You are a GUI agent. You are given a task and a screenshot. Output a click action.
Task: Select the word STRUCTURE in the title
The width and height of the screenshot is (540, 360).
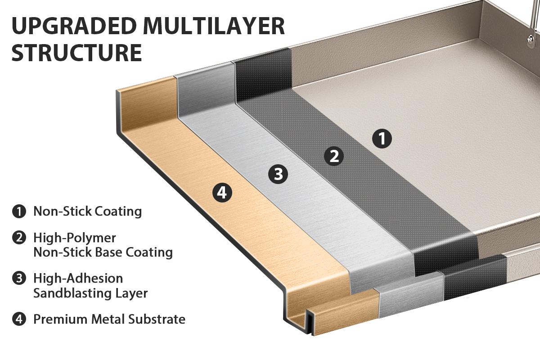[x=77, y=52]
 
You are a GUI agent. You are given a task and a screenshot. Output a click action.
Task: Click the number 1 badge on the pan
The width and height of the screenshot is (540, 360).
[x=382, y=139]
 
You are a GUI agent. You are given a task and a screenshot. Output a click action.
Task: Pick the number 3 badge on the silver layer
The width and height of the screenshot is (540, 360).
[x=278, y=174]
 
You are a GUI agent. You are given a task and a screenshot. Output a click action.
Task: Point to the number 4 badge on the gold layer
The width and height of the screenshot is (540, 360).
[x=222, y=193]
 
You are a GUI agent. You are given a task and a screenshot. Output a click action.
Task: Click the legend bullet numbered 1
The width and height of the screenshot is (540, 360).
[x=19, y=211]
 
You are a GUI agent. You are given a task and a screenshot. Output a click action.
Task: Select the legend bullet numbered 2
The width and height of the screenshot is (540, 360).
[x=19, y=238]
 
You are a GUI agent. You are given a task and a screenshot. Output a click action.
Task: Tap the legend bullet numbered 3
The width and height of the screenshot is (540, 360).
[x=19, y=279]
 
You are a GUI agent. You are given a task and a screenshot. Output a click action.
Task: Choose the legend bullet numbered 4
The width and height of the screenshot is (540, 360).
[x=19, y=319]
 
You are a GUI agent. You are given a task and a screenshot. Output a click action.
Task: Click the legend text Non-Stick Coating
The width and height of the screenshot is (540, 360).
[x=88, y=211]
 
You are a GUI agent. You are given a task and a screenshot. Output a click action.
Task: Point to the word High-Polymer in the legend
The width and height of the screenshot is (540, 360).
[x=68, y=238]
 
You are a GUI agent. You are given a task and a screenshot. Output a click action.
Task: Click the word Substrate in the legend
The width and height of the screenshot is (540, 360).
[x=157, y=319]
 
